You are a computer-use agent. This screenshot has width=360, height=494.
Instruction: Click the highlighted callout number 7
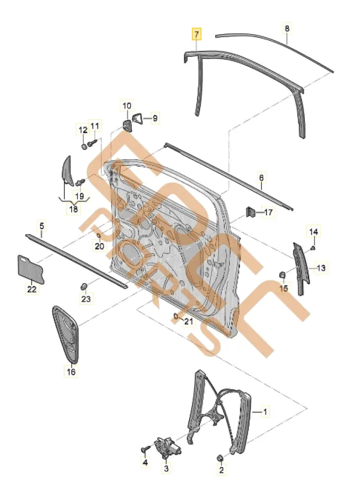pyautogui.click(x=197, y=35)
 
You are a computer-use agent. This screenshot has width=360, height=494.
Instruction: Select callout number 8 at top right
pyautogui.click(x=287, y=29)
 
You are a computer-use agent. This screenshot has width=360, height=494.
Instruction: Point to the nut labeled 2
pyautogui.click(x=221, y=457)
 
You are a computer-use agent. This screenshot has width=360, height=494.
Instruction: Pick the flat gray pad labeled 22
pyautogui.click(x=31, y=270)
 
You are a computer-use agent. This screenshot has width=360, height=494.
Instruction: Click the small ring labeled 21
pyautogui.click(x=176, y=316)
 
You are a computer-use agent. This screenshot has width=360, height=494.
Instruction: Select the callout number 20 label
pyautogui.click(x=99, y=246)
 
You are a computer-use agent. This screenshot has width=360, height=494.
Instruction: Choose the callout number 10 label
pyautogui.click(x=126, y=105)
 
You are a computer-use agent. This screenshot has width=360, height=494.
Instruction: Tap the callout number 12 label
pyautogui.click(x=82, y=130)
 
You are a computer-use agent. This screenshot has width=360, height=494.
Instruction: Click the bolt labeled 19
pyautogui.click(x=80, y=183)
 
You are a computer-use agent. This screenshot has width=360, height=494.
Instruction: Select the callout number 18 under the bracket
pyautogui.click(x=73, y=209)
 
